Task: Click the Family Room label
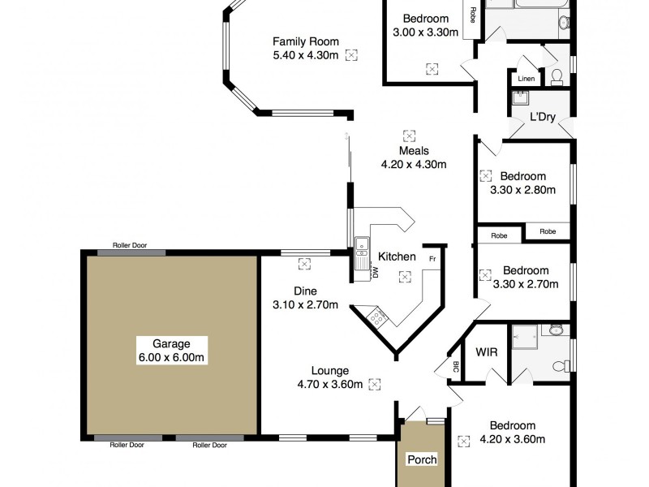(305, 42)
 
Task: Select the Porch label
(422, 460)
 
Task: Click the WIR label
(487, 352)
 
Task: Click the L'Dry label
(542, 117)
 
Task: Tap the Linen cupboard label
(526, 80)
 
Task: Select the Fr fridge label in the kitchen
(432, 259)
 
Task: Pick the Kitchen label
(398, 256)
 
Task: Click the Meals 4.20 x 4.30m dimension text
(414, 164)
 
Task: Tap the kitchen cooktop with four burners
(378, 317)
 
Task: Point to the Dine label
(305, 291)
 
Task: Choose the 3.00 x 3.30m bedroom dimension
(426, 32)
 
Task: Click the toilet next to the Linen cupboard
(557, 77)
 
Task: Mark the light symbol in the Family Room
(351, 55)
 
